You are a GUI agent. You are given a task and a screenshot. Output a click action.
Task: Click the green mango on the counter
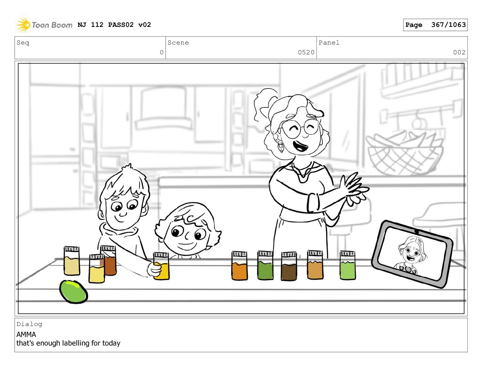tap(73, 291)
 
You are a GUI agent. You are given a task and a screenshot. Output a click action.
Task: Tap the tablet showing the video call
tap(412, 254)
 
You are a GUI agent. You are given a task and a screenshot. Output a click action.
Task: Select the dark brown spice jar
tap(289, 266)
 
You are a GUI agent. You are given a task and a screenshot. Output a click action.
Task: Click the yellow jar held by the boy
tap(161, 266)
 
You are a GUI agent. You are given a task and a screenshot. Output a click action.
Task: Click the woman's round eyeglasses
tap(300, 129)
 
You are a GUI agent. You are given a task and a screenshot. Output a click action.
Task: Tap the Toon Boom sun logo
tap(23, 25)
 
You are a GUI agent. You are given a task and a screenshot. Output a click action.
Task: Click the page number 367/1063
tap(448, 25)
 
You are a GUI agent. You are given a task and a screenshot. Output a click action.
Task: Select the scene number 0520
tap(306, 52)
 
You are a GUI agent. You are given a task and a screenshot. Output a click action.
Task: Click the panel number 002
tap(459, 52)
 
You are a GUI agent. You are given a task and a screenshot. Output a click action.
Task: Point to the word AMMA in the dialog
tap(26, 335)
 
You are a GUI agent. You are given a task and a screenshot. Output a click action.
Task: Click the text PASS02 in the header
tap(121, 25)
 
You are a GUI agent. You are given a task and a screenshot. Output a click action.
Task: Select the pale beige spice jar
tap(72, 261)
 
